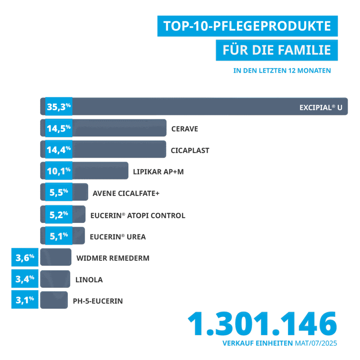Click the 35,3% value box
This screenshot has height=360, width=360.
pyautogui.click(x=59, y=107)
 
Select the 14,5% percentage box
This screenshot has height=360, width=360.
pyautogui.click(x=59, y=128)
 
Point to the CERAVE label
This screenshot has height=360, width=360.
pyautogui.click(x=185, y=129)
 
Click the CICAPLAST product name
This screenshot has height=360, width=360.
pyautogui.click(x=190, y=150)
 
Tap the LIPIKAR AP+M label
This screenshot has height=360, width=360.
pyautogui.click(x=159, y=172)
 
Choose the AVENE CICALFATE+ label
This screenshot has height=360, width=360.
pyautogui.click(x=126, y=194)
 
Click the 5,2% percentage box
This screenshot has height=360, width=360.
pyautogui.click(x=59, y=214)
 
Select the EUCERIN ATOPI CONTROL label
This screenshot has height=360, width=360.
pyautogui.click(x=138, y=215)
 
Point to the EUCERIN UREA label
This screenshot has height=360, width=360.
pyautogui.click(x=118, y=237)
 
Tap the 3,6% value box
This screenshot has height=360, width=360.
pyautogui.click(x=25, y=257)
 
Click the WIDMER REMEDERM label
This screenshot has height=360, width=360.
pyautogui.click(x=113, y=258)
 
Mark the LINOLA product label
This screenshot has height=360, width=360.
pyautogui.click(x=89, y=280)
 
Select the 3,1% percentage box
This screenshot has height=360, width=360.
pyautogui.click(x=25, y=300)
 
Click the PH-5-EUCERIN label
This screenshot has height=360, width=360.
pyautogui.click(x=98, y=301)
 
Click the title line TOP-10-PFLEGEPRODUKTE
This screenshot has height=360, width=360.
pyautogui.click(x=247, y=26)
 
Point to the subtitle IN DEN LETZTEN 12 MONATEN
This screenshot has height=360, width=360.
pyautogui.click(x=282, y=71)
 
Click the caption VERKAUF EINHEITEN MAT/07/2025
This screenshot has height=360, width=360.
pyautogui.click(x=279, y=343)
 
